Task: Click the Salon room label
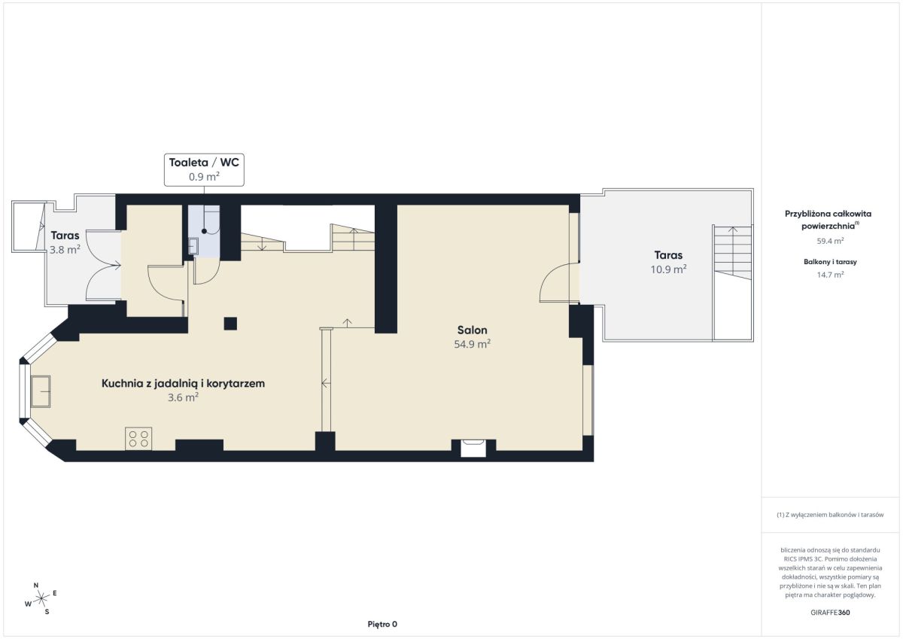click(472, 330)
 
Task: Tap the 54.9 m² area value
click(472, 344)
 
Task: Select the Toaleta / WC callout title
click(204, 163)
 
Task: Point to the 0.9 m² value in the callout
click(204, 177)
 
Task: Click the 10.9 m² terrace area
click(668, 269)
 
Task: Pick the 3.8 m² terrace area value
click(65, 249)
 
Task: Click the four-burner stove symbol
click(138, 439)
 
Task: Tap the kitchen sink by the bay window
click(41, 391)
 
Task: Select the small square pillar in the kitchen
click(230, 324)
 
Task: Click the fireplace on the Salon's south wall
click(473, 449)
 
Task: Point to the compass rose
click(41, 598)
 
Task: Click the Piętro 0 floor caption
click(382, 624)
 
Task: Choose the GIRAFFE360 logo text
click(830, 613)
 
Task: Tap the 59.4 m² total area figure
click(830, 241)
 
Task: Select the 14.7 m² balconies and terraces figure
click(830, 275)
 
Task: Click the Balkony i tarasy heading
click(830, 262)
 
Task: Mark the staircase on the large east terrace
click(732, 252)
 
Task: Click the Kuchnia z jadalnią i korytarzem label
click(183, 383)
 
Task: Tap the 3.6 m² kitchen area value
click(183, 397)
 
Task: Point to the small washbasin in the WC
click(193, 245)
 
